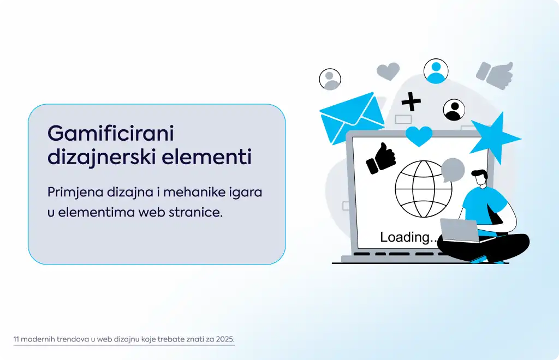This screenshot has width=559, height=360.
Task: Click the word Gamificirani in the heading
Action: click(111, 134)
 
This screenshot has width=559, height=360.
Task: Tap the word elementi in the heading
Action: click(207, 157)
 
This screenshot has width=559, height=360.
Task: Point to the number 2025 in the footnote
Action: click(225, 339)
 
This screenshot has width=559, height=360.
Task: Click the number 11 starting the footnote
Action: click(16, 339)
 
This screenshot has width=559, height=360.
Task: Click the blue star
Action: click(496, 138)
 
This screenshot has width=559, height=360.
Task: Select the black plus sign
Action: click(411, 101)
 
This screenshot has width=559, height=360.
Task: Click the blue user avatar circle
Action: click(436, 71)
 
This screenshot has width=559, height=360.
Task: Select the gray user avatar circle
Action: click(330, 79)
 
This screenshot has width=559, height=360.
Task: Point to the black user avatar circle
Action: click(454, 110)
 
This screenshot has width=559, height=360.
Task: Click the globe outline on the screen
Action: click(423, 189)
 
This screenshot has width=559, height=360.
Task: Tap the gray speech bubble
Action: click(453, 170)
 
